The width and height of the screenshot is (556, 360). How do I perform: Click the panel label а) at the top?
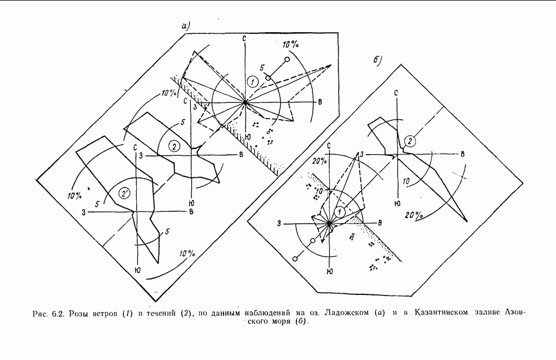[x=186, y=26]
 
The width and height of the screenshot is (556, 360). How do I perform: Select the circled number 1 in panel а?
[x=252, y=82]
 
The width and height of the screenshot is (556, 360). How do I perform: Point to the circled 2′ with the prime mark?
[x=125, y=194]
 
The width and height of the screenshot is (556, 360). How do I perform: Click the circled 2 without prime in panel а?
[x=173, y=146]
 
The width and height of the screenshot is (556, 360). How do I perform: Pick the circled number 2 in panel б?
[x=410, y=141]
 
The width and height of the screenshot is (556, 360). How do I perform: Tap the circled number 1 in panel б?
[x=339, y=211]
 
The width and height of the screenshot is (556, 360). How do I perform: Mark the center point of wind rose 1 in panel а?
[x=245, y=102]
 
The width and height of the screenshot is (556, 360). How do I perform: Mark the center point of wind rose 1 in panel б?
[x=329, y=223]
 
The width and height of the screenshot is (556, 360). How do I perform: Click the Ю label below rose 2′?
[x=137, y=270]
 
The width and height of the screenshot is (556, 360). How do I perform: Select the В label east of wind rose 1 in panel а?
[x=320, y=102]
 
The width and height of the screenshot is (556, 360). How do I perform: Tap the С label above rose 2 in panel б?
[x=396, y=93]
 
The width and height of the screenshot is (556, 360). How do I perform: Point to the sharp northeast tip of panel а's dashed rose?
[x=331, y=65]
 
